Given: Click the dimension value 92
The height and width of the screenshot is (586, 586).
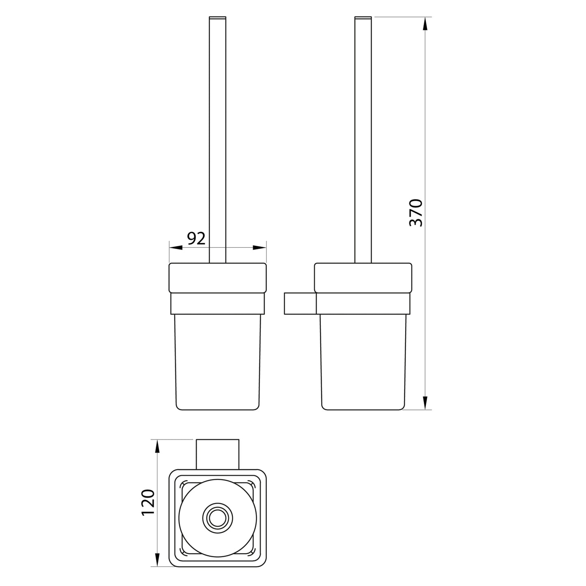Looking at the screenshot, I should (x=196, y=239).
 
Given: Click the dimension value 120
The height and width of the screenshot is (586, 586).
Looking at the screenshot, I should (x=148, y=502).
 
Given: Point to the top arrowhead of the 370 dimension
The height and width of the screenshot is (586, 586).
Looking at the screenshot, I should (x=425, y=24).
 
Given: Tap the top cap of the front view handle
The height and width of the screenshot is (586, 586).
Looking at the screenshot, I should (x=217, y=18).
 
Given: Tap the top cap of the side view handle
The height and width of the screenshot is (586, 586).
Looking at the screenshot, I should (x=363, y=18).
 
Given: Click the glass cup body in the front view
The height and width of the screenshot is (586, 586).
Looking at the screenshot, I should (x=217, y=361).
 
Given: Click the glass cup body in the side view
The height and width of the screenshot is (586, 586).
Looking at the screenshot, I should (x=363, y=361).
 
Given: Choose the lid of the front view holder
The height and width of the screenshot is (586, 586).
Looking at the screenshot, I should (x=217, y=278).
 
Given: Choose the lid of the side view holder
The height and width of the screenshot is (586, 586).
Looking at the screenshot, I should (x=363, y=278).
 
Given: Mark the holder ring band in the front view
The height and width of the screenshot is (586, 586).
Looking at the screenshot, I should (x=217, y=303).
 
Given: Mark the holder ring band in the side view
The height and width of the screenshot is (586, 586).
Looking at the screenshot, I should (x=363, y=303).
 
